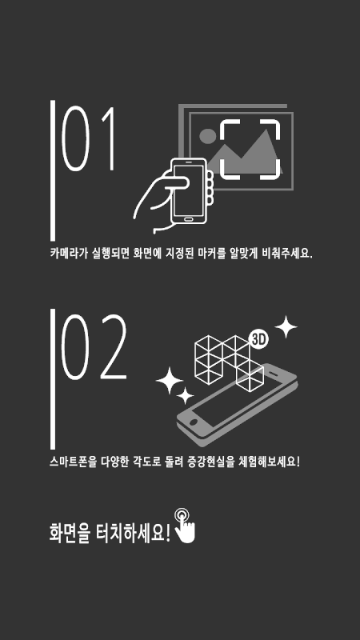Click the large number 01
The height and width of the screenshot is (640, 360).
87,138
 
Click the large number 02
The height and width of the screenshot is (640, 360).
94,347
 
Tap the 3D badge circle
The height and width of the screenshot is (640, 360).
258,340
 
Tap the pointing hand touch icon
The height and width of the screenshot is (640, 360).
186,526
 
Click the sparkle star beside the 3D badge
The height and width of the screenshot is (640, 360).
286,327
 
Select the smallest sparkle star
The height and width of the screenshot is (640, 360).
185,395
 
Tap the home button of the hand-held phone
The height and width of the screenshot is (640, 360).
188,218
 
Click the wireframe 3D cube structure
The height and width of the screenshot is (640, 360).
229,362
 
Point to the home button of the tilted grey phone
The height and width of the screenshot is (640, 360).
193,422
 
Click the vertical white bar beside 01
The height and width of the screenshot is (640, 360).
53,170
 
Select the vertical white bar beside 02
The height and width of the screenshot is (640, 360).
53,379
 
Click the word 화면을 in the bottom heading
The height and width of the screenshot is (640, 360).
70,533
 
